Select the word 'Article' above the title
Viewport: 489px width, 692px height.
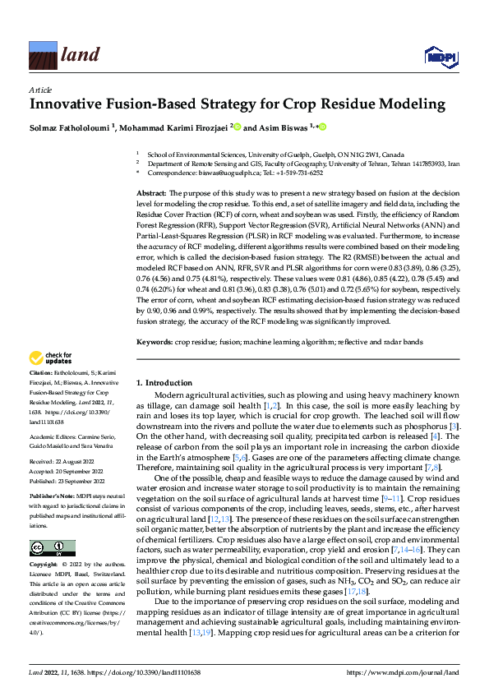pyautogui.click(x=39, y=89)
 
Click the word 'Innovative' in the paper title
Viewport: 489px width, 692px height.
pyautogui.click(x=69, y=105)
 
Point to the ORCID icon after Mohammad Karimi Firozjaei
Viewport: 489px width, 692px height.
pyautogui.click(x=238, y=127)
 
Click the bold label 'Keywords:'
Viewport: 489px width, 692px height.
pyautogui.click(x=155, y=340)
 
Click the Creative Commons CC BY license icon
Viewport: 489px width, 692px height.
pyautogui.click(x=52, y=547)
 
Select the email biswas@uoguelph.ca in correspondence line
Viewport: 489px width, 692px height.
pyautogui.click(x=231, y=173)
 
